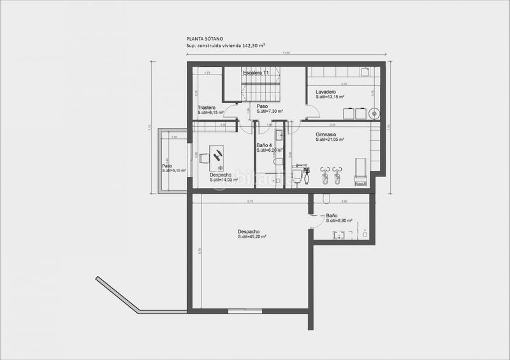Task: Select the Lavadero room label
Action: [x=326, y=92]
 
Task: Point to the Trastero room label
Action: [x=207, y=107]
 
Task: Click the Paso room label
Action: [x=262, y=106]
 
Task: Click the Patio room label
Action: [x=167, y=166]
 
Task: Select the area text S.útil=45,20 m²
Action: [x=252, y=236]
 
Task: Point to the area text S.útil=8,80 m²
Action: [x=340, y=220]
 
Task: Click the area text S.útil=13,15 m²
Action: [x=330, y=97]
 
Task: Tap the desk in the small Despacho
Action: [x=218, y=155]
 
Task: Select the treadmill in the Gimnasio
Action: [x=360, y=171]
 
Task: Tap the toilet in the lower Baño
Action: [x=328, y=196]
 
